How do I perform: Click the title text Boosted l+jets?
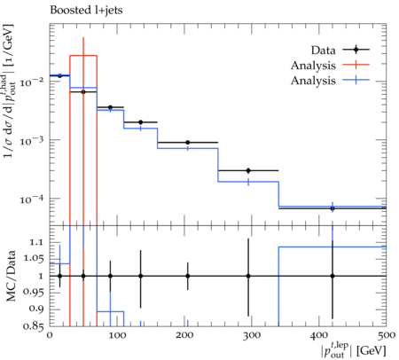coord(86,11)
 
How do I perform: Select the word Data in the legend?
coord(323,51)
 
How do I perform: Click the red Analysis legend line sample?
coord(356,65)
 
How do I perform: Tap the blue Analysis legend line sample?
coord(356,80)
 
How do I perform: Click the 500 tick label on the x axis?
coord(386,335)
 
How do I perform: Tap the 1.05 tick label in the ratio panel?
coord(33,259)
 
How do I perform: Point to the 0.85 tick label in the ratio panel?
coord(33,326)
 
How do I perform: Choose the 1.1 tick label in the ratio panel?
coord(37,242)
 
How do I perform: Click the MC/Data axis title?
coord(11,276)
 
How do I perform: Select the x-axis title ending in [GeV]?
coord(354,351)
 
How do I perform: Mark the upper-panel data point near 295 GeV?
coord(248,170)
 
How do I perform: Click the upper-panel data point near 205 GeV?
coord(188,143)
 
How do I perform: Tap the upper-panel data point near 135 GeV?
coord(141,122)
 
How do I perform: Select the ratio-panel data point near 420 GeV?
coord(332,276)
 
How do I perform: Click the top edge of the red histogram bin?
coord(83,55)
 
